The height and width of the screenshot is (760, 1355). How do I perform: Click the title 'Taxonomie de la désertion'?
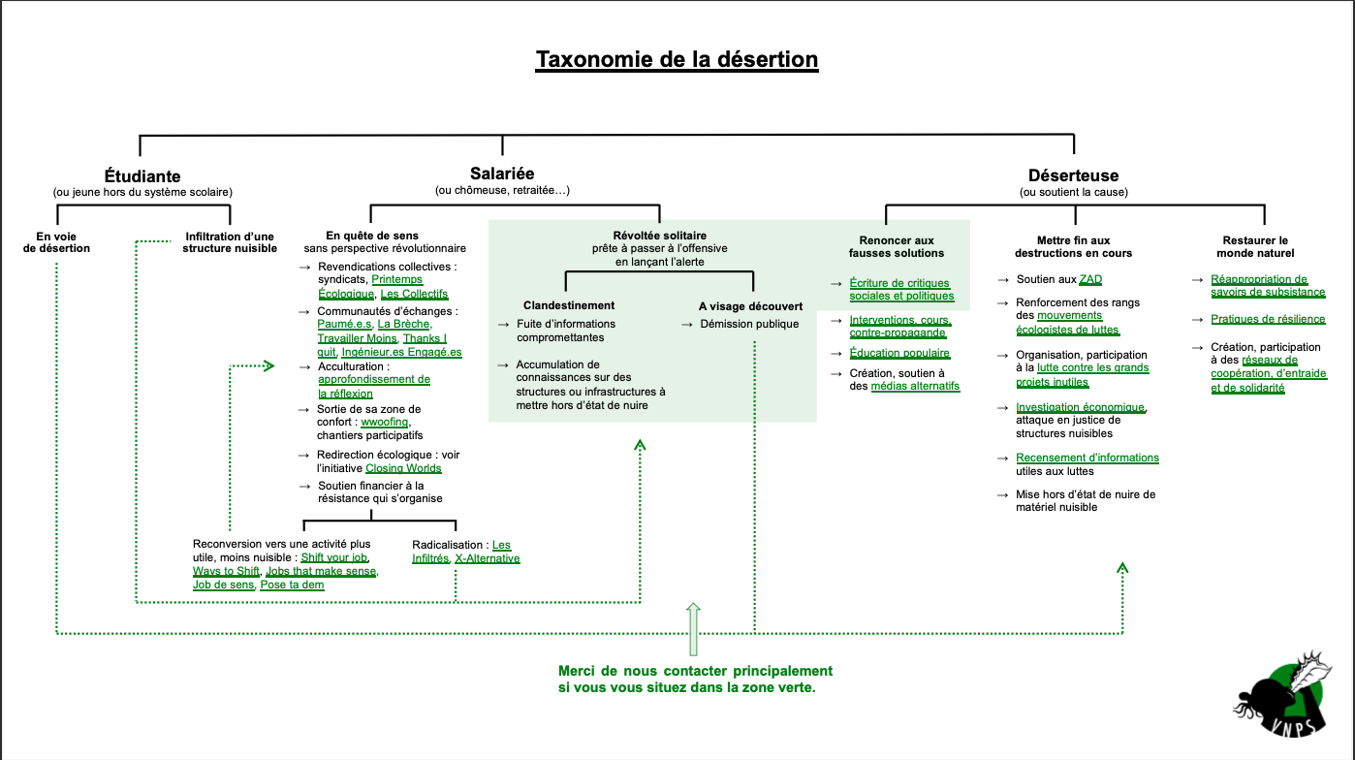pos(677,59)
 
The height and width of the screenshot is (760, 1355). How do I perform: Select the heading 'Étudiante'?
pos(142,176)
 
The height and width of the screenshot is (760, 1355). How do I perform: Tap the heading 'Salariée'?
pos(502,174)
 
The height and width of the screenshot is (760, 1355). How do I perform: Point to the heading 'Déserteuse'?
pos(1074,175)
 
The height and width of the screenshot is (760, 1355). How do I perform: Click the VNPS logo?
pos(1283,695)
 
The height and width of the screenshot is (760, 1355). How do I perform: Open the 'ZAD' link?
pos(1090,279)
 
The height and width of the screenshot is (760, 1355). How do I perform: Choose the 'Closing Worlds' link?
pos(403,468)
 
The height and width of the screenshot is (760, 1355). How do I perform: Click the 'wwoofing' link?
pos(385,422)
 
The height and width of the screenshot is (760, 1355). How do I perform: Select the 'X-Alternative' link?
pos(487,558)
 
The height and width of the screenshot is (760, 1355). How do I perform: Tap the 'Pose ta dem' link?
pos(292,586)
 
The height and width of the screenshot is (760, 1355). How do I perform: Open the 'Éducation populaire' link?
pos(899,353)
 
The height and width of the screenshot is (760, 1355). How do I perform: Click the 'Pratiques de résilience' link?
pos(1268,319)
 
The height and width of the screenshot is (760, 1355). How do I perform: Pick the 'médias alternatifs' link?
pos(915,386)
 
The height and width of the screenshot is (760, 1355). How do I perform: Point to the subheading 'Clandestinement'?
pos(569,305)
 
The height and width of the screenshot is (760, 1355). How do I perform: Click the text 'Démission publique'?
pos(749,325)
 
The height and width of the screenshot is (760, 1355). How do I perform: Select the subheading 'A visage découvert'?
pos(751,306)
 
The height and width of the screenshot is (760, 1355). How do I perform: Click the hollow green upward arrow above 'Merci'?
pos(693,629)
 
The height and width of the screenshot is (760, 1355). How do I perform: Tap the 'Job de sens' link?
pos(223,586)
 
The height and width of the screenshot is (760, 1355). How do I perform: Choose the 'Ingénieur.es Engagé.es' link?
pos(401,352)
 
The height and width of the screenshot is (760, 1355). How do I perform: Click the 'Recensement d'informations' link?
pos(1087,459)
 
